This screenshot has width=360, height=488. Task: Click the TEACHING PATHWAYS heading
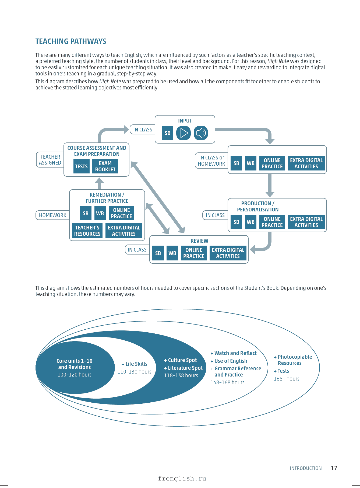point(71,41)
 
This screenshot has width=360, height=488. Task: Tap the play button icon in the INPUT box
point(183,133)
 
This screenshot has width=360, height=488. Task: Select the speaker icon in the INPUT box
point(201,133)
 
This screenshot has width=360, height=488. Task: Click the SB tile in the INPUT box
point(168,133)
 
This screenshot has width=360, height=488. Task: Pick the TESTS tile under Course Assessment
point(81,166)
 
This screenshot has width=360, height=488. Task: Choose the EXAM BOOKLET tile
point(105,166)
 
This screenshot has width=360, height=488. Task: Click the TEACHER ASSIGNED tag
point(50,160)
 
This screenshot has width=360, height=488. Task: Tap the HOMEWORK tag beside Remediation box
point(53,215)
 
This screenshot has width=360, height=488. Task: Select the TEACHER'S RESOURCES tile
point(87,231)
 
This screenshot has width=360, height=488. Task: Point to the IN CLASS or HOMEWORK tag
point(211,161)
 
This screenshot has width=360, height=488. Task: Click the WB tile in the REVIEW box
point(172,253)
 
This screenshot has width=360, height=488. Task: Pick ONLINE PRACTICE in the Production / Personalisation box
point(272,222)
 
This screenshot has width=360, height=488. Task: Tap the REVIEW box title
point(199,241)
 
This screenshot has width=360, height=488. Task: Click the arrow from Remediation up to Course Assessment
point(99,184)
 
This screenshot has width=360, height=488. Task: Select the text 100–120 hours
point(75,375)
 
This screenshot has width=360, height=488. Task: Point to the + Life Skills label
point(135,364)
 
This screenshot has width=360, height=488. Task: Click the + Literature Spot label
point(183,368)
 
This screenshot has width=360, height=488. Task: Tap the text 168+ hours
point(287,379)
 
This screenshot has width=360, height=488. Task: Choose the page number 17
point(334,468)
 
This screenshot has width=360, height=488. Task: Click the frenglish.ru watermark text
point(182,479)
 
